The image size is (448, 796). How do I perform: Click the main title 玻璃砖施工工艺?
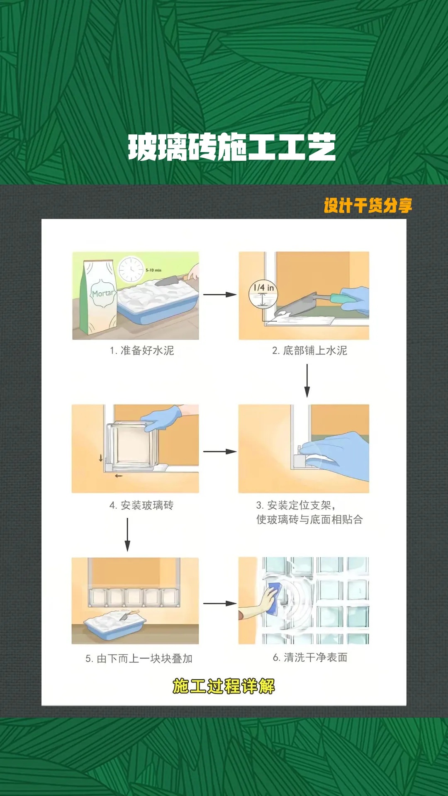click(232, 147)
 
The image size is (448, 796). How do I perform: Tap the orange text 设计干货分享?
click(368, 206)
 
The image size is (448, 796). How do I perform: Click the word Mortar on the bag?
click(102, 293)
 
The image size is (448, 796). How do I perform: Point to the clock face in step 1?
click(131, 269)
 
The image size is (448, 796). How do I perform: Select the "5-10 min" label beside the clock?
click(153, 270)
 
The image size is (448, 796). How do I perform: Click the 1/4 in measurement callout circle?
click(263, 294)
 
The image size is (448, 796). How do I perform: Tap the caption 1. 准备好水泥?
click(142, 351)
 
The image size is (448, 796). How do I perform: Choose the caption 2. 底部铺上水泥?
click(309, 351)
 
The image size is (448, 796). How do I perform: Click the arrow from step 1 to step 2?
click(220, 295)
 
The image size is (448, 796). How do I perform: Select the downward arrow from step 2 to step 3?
click(307, 381)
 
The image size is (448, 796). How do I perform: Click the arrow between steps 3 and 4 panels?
click(220, 451)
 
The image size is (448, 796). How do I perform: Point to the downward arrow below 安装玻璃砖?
click(127, 535)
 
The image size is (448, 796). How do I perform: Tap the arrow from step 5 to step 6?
click(220, 604)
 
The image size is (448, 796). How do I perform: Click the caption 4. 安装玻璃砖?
click(141, 505)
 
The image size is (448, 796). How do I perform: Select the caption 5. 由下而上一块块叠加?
click(139, 659)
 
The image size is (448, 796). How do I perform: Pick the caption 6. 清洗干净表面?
click(310, 658)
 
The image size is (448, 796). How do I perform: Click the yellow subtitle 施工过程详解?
click(224, 686)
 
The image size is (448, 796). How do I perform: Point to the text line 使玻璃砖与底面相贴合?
click(309, 519)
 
